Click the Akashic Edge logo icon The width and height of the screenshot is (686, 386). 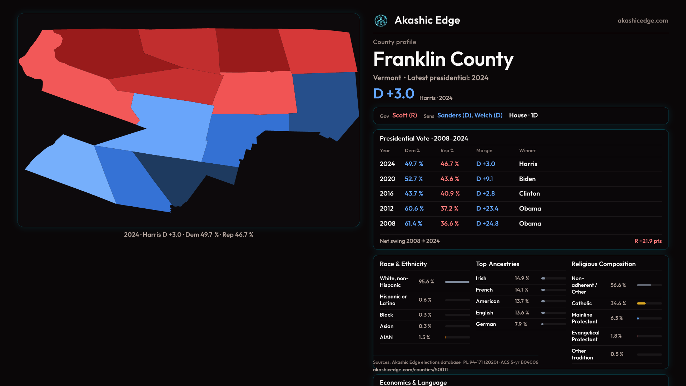381,21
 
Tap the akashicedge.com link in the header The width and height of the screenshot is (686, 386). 643,21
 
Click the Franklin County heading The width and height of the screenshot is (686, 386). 443,59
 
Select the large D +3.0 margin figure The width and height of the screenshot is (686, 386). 394,94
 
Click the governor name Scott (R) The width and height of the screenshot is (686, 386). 404,115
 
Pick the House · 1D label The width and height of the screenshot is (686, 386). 523,115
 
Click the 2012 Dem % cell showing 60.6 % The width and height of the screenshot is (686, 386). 414,209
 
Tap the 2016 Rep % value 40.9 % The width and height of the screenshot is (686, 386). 450,194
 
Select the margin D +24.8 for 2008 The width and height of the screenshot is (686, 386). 487,224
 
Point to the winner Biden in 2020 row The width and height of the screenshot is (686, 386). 527,179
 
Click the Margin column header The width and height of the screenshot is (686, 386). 484,151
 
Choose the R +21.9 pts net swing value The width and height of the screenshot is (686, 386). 648,241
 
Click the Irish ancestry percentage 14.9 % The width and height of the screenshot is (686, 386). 522,278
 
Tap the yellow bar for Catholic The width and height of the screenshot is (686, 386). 641,303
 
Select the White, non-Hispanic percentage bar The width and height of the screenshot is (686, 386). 457,282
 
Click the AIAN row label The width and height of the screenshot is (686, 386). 386,337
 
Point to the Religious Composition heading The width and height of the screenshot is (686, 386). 603,264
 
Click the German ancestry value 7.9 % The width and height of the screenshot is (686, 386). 521,324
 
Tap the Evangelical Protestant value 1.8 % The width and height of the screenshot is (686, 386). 616,336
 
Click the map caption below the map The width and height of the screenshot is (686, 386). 189,235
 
